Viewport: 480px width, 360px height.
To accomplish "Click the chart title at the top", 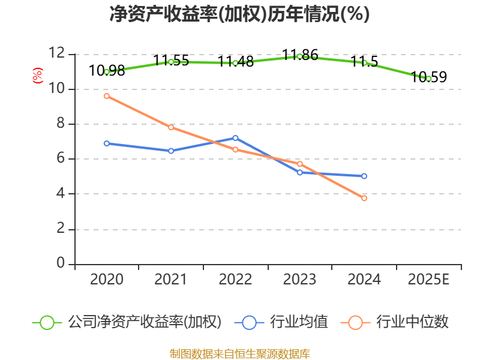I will point(239,14).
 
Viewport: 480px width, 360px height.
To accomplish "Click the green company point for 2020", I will point(107,71).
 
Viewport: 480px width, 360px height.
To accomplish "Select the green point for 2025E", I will point(428,79).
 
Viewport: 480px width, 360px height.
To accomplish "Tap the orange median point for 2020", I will point(107,96).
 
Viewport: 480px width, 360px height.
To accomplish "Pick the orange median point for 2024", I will point(364,198).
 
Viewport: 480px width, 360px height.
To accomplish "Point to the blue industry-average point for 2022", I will point(235,138).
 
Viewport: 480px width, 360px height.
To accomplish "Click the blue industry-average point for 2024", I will point(364,176).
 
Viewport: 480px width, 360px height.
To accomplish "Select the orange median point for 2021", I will point(171,127).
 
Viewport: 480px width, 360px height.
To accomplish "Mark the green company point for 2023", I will point(299,56).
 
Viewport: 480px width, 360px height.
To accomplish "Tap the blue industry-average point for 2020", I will point(107,143).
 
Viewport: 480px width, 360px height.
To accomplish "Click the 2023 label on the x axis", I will point(299,280).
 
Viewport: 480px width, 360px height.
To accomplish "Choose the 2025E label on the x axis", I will point(428,280).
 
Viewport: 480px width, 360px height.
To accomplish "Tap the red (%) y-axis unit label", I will point(38,76).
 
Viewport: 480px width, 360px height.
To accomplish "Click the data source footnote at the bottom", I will point(239,353).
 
